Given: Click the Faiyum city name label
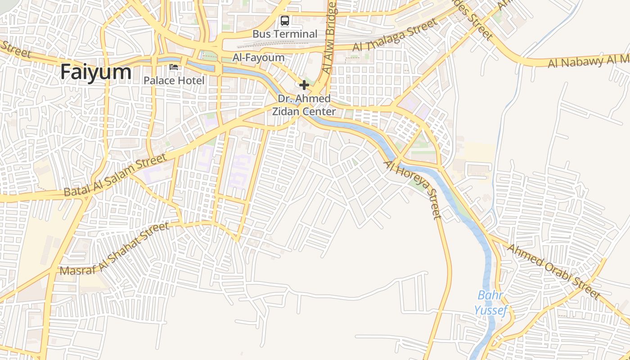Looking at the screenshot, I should [x=96, y=72].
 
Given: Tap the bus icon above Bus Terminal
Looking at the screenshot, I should [x=285, y=21].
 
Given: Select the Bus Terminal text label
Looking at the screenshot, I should [x=285, y=34].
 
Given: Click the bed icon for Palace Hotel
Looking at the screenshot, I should [x=174, y=67].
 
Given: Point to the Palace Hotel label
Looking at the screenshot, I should [x=174, y=81].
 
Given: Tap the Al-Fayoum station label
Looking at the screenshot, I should [x=258, y=58].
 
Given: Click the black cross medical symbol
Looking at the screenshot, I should [x=304, y=85].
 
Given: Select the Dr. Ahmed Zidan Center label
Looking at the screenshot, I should [x=304, y=105].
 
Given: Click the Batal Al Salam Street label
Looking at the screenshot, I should [x=115, y=175].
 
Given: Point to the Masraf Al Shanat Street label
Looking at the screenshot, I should [x=114, y=248].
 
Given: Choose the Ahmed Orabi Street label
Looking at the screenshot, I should [x=553, y=272].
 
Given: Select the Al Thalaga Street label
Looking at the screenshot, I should [x=395, y=35].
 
